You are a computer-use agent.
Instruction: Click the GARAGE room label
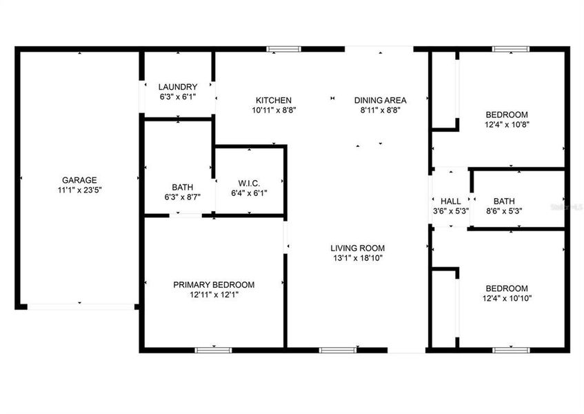click(x=79, y=179)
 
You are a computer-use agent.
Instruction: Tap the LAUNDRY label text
click(x=177, y=87)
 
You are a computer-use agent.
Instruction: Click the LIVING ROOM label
click(x=357, y=248)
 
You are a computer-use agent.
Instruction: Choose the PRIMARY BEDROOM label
click(x=214, y=285)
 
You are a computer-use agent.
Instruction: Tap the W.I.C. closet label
click(x=248, y=184)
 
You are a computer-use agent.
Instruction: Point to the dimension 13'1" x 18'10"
click(x=357, y=258)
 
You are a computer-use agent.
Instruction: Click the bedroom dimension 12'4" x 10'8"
click(x=507, y=125)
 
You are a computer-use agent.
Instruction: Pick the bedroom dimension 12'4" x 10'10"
click(x=507, y=299)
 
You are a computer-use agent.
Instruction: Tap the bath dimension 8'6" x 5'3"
click(x=504, y=211)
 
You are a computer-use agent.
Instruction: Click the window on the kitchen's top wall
click(x=284, y=49)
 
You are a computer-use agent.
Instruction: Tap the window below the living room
click(x=338, y=350)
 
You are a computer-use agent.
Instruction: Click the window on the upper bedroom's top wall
click(x=511, y=49)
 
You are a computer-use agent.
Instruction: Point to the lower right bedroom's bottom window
click(x=511, y=350)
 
